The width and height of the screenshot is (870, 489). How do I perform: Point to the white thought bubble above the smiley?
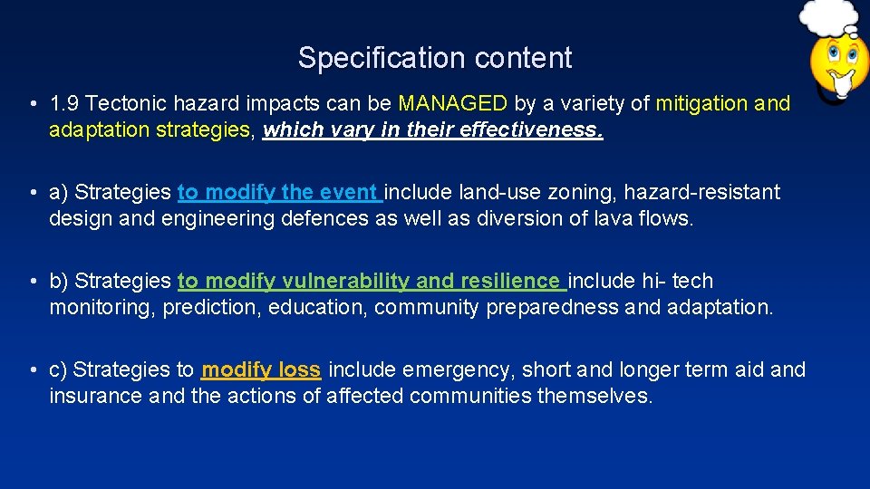(828, 17)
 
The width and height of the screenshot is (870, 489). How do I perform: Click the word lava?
(615, 218)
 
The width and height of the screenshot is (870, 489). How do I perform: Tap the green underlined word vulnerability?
(346, 282)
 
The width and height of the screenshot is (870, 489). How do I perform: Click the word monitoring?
(102, 308)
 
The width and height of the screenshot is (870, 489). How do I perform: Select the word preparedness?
(552, 308)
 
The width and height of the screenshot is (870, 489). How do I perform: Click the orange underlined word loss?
(299, 369)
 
